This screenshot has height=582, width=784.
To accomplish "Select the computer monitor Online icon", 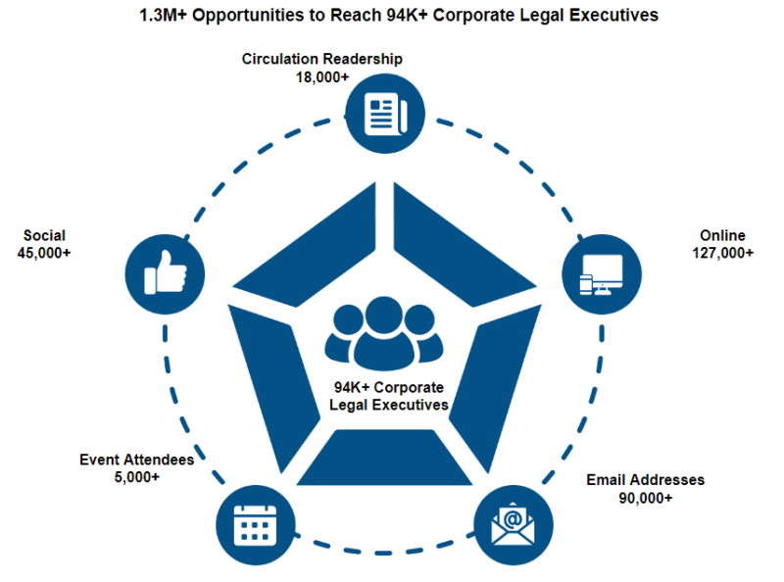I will click(x=601, y=273).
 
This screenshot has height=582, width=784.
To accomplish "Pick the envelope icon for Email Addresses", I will click(x=514, y=523).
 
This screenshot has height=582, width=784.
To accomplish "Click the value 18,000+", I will click(x=322, y=75).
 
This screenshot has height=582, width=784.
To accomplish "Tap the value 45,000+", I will click(x=44, y=252).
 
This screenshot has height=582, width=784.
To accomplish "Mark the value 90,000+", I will click(x=645, y=498).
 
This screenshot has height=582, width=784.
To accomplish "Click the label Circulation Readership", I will click(x=322, y=59).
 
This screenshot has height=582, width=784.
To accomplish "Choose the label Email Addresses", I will click(x=645, y=480).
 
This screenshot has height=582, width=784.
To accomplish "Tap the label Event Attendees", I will click(x=136, y=459).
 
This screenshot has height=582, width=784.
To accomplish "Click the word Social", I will click(x=44, y=235).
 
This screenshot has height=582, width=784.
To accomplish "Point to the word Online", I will click(x=722, y=235).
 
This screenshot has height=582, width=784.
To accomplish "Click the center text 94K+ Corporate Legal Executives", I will click(x=389, y=396).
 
